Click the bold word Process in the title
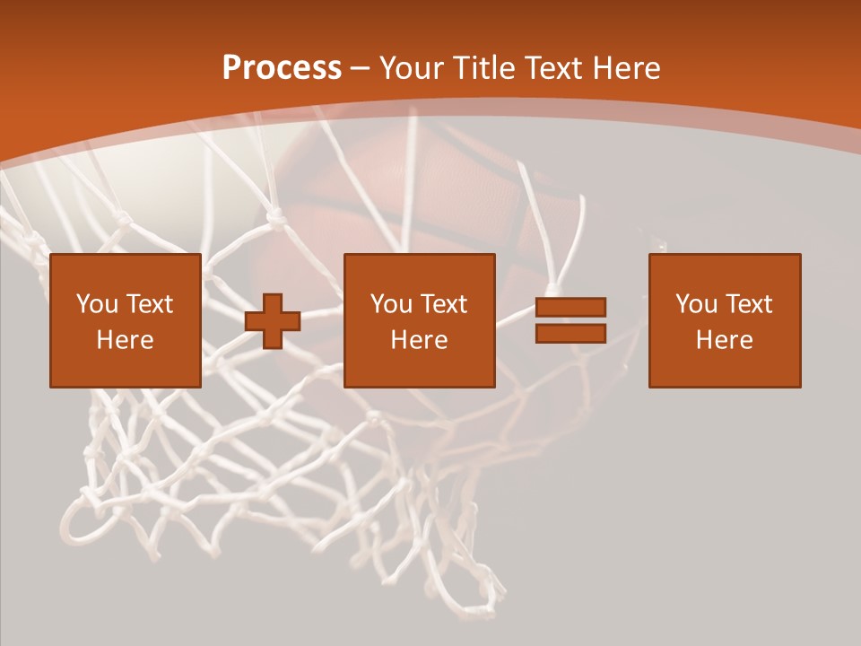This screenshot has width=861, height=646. [282, 68]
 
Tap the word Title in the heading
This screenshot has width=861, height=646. [483, 68]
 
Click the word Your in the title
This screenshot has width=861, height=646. [413, 68]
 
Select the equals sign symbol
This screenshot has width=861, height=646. [570, 320]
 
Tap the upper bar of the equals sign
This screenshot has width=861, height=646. [570, 308]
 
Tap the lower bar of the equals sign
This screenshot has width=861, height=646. [570, 333]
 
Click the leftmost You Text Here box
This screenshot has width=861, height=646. [125, 320]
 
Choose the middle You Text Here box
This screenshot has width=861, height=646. [419, 320]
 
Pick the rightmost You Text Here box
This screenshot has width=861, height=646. [724, 320]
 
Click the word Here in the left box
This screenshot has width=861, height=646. [125, 340]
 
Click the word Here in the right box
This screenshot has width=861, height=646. [724, 340]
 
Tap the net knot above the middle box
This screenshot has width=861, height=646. [277, 216]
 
